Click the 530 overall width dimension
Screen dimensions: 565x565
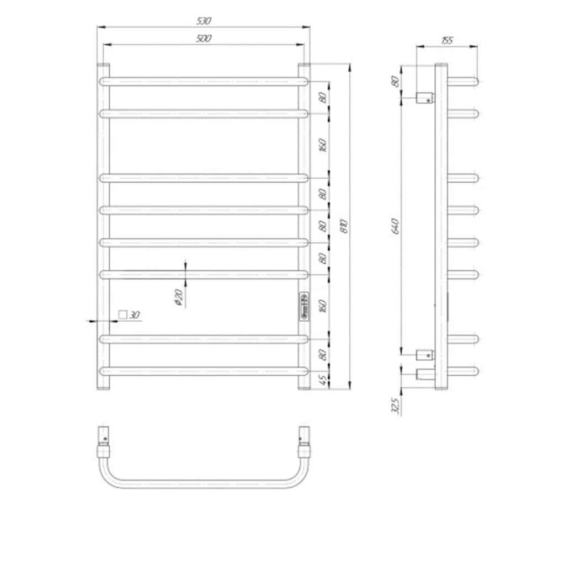(x=204, y=21)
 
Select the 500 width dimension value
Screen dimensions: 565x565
(x=204, y=39)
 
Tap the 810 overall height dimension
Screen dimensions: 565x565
(x=343, y=226)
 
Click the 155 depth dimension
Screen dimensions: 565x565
(x=447, y=40)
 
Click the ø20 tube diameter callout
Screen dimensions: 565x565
(x=178, y=298)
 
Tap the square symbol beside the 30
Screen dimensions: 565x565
(x=122, y=315)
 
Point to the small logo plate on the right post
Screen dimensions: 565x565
(x=303, y=306)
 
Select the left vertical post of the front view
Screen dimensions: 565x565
(x=104, y=226)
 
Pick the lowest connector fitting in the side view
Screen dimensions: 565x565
(x=425, y=375)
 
